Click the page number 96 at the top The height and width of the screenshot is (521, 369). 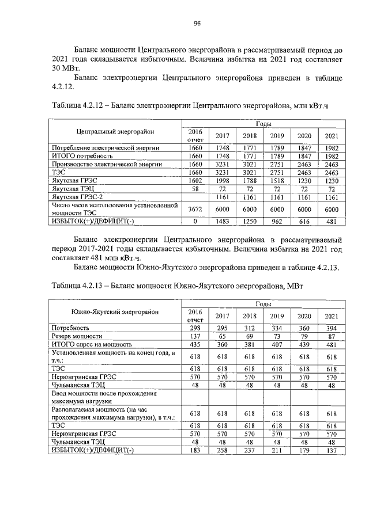[196, 23]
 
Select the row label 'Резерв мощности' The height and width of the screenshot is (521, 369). [77, 336]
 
